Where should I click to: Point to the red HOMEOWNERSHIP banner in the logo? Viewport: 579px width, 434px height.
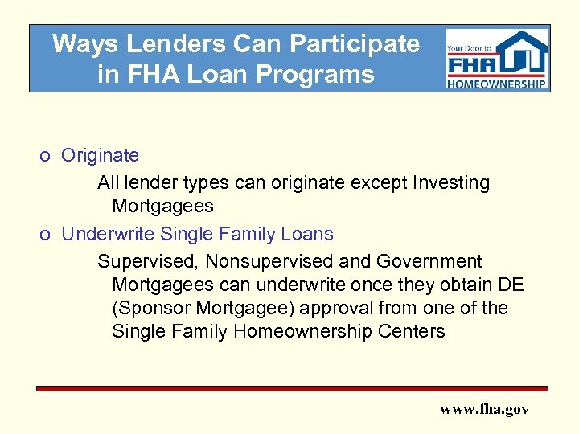coord(497,83)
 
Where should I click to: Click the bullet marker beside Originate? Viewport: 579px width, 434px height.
coord(49,156)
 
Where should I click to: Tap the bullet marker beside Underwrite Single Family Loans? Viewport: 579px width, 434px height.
coord(49,235)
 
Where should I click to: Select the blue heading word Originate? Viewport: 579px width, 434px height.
coord(100,155)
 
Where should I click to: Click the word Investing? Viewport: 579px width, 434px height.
coord(450,183)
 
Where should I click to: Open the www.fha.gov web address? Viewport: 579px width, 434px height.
coord(484,409)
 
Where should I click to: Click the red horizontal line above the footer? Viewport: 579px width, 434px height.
coord(292,388)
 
